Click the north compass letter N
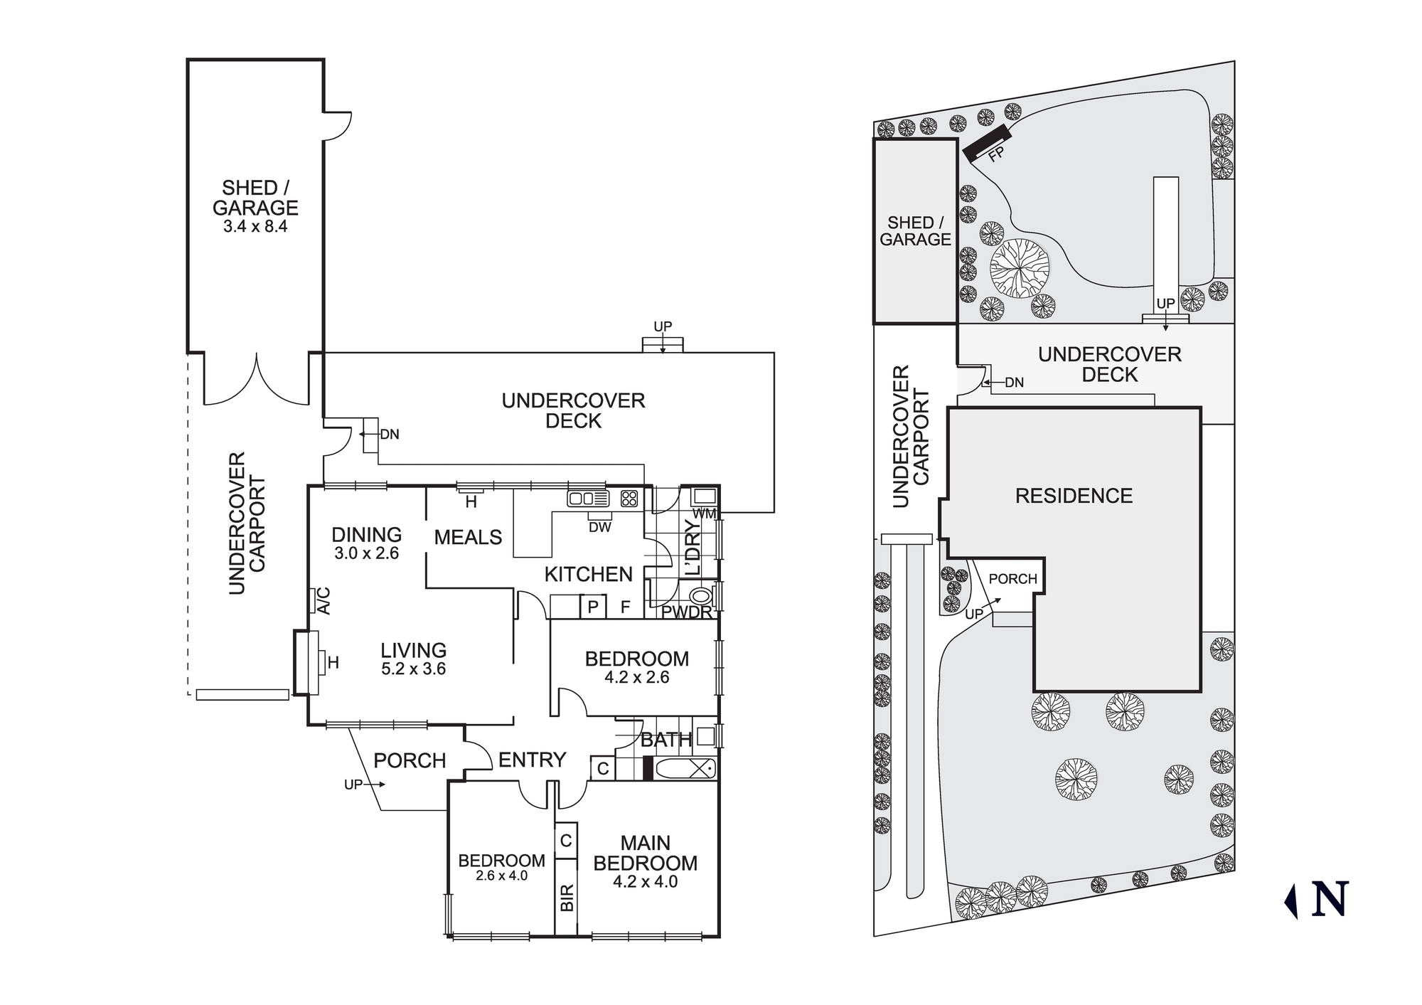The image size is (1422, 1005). [x=1330, y=899]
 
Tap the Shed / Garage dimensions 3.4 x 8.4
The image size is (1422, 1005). [x=255, y=227]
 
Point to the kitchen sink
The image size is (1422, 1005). [x=588, y=499]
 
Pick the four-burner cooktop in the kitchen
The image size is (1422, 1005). [x=629, y=499]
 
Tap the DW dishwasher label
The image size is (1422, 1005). [x=600, y=527]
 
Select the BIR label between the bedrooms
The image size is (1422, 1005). [x=567, y=898]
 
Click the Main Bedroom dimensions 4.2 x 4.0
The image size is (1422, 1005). [x=645, y=882]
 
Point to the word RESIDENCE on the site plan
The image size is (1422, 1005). [x=1074, y=496]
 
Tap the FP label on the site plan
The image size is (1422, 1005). [x=996, y=154]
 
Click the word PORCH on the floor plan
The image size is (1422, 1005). [x=410, y=761]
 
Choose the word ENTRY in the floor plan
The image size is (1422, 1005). [x=532, y=760]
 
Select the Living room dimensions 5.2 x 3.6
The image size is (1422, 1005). [x=413, y=669]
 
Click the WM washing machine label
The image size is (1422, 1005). [x=704, y=514]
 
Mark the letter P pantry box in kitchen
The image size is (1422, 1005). [x=593, y=607]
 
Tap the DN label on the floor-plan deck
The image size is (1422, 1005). [x=390, y=435]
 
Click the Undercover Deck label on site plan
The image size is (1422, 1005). [x=1109, y=364]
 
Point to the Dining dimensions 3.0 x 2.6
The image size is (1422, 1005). [x=366, y=553]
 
